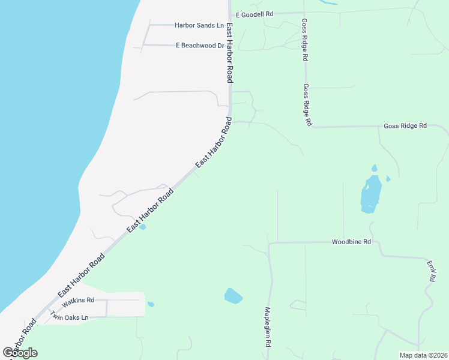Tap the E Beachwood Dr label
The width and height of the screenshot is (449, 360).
point(199,45)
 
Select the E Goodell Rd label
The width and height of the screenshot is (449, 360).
point(255,14)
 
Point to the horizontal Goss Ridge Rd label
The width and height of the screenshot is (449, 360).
point(405,126)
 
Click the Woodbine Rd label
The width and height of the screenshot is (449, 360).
point(351,242)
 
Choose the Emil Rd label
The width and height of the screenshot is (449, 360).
point(430,271)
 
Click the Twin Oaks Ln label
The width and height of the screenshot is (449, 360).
point(69,316)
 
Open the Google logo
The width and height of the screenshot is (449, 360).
point(20,353)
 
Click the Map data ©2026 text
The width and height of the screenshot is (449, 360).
point(423,355)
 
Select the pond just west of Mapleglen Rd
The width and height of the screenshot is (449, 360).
point(232,296)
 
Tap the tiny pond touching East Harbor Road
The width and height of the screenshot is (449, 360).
point(142,227)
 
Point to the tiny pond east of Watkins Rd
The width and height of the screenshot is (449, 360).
point(151,304)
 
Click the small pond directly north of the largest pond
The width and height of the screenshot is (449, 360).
point(375,168)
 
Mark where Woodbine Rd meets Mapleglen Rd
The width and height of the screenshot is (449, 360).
point(270,243)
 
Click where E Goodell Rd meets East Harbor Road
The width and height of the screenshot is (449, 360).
point(229,13)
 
